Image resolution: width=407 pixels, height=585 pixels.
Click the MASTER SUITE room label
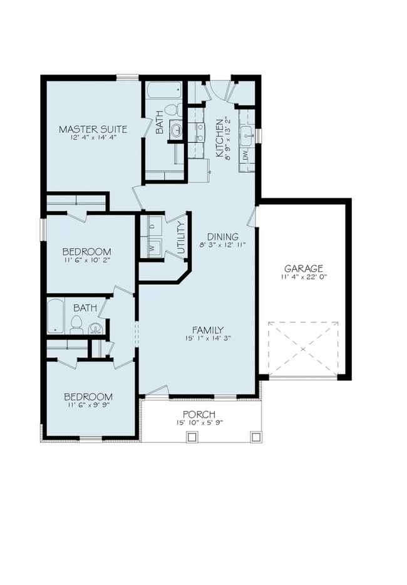click(93, 130)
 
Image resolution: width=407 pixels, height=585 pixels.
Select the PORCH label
click(199, 414)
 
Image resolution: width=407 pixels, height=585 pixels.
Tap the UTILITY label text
click(180, 238)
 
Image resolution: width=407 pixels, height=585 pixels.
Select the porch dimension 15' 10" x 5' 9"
click(199, 423)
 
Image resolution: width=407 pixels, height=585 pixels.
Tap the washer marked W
click(152, 248)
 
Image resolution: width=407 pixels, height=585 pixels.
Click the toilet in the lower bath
click(76, 325)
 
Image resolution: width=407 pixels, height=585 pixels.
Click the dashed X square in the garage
click(302, 348)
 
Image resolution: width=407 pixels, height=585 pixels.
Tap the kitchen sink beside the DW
click(247, 133)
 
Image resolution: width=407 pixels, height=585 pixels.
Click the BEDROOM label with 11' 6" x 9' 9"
click(89, 397)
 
